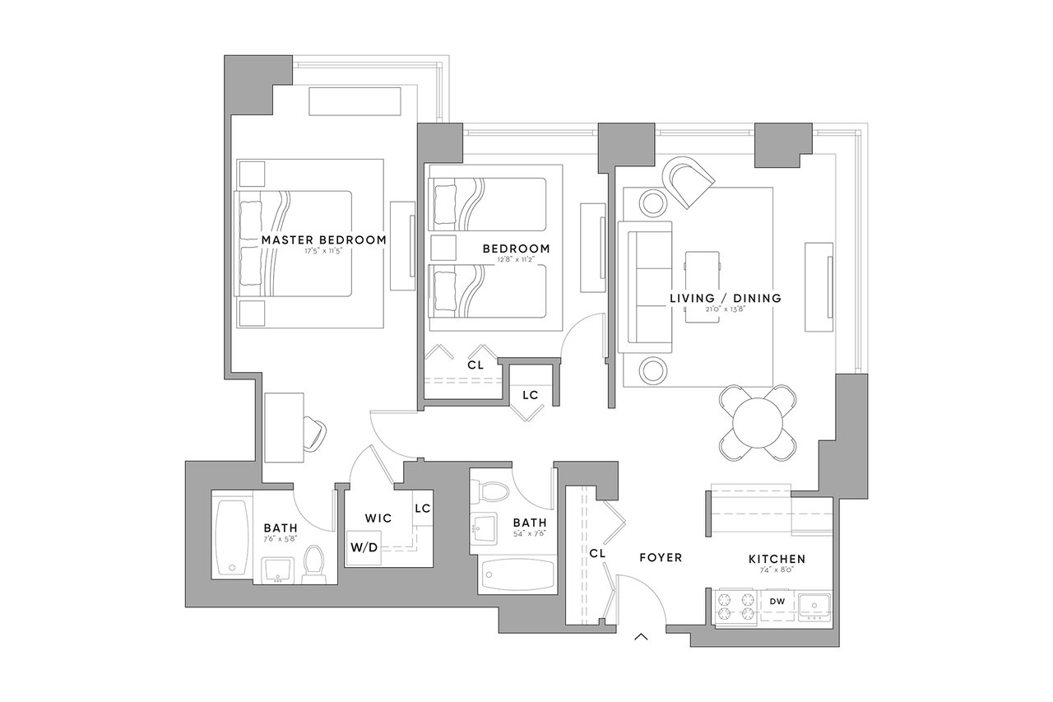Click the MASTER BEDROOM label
coord(323,240)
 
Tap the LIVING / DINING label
coord(724,298)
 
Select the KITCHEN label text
coord(777,560)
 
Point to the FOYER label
coord(661,558)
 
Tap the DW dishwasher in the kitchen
coord(777,602)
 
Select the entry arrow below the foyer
coord(642,636)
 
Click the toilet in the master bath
coord(314,566)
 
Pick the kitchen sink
coord(814,606)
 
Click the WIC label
coord(378,518)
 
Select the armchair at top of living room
coord(689,179)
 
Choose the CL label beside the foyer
coord(597,554)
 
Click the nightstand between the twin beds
coord(443,249)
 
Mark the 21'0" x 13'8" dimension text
coord(724,310)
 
